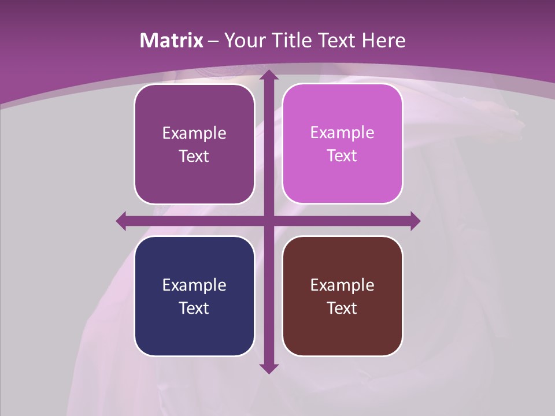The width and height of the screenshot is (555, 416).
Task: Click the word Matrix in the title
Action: (172, 40)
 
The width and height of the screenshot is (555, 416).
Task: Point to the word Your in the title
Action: (243, 40)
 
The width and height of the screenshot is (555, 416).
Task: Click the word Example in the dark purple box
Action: (194, 133)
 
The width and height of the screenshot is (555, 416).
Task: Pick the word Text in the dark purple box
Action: (194, 156)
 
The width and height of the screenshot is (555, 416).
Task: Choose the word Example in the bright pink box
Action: (342, 133)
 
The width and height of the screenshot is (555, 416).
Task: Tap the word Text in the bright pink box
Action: (342, 155)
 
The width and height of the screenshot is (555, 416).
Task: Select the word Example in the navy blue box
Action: (194, 285)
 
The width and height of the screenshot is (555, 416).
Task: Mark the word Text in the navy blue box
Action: (194, 308)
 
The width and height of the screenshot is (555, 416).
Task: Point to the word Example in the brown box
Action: (342, 285)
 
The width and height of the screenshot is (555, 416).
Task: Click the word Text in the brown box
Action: (342, 308)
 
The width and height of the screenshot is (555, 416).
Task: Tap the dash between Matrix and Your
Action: (213, 41)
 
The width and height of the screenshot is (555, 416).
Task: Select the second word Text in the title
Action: (336, 40)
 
